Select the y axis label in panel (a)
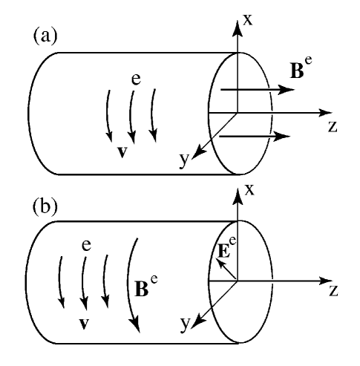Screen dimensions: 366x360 click(186, 160)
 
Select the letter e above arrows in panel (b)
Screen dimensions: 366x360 click(86, 244)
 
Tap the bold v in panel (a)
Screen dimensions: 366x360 click(122, 152)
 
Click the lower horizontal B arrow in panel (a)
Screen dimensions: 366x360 click(252, 136)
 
